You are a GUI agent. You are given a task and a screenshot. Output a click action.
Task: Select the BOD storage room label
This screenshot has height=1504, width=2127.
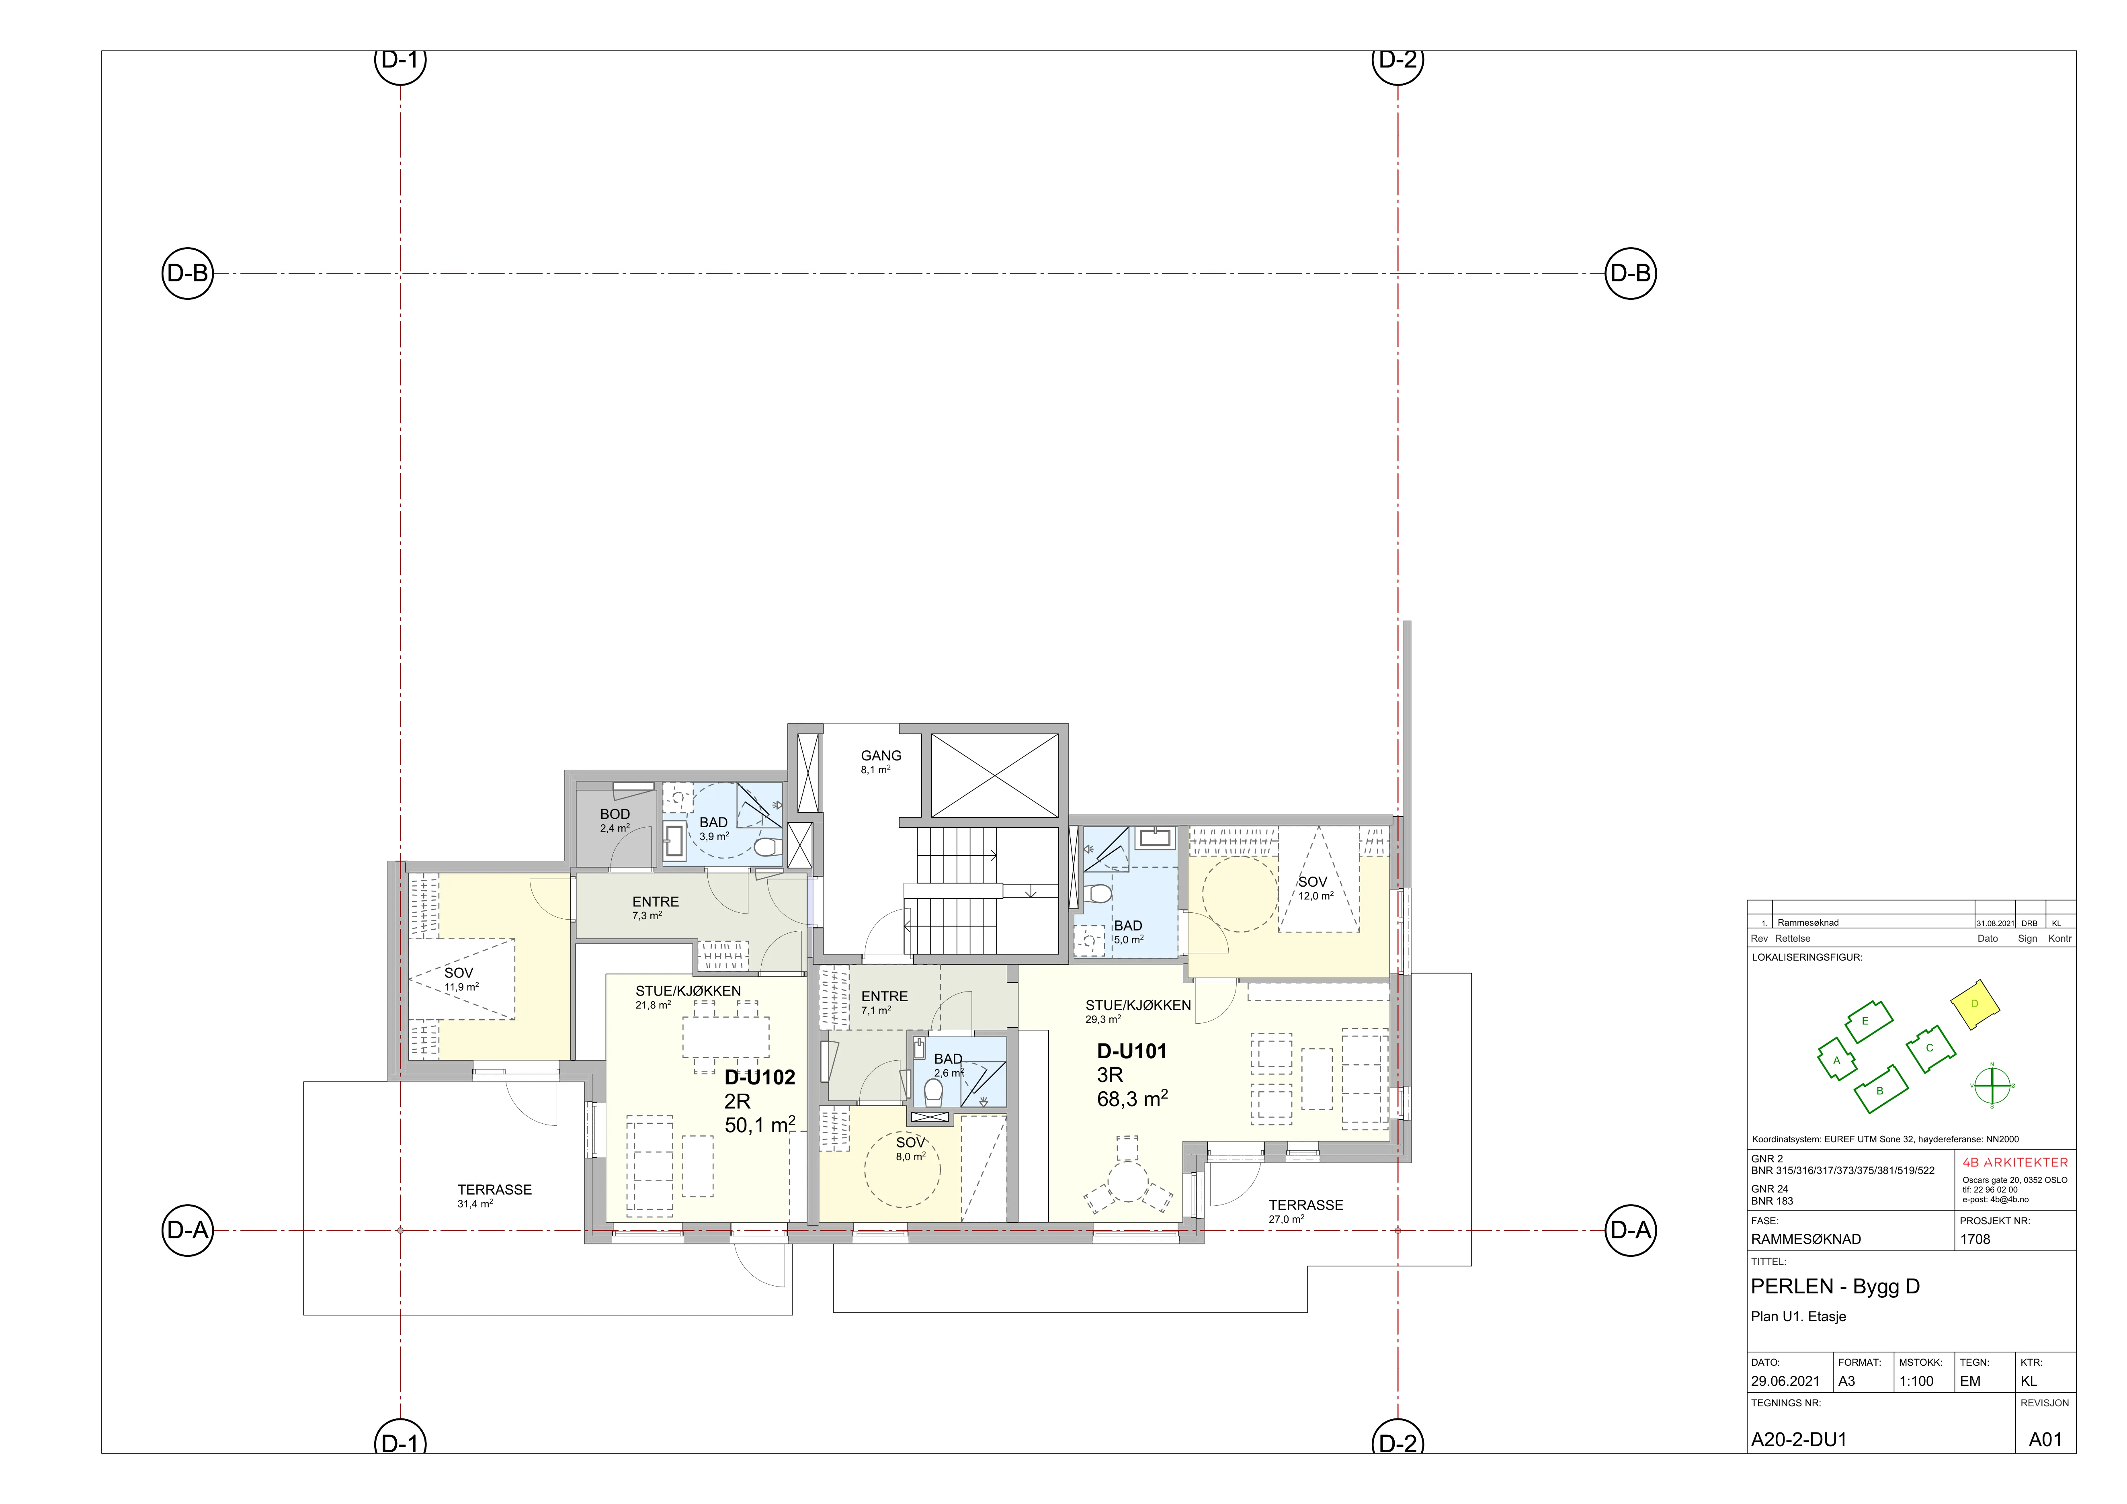(x=615, y=814)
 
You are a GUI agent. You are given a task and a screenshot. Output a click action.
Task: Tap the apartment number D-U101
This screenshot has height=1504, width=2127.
(x=1132, y=1051)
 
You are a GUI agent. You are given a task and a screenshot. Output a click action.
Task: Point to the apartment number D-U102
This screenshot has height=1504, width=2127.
(x=760, y=1077)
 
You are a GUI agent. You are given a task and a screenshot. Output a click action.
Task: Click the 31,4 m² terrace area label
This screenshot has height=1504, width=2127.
(x=475, y=1204)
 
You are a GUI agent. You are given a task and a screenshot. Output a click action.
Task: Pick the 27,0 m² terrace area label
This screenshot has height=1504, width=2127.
(x=1287, y=1220)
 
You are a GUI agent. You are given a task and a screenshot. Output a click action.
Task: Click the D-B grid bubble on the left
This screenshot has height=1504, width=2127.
(x=187, y=273)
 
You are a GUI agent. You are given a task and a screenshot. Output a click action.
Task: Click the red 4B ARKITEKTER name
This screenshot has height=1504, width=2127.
(x=2015, y=1162)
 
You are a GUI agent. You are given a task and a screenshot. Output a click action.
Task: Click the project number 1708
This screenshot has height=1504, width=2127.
(x=1975, y=1239)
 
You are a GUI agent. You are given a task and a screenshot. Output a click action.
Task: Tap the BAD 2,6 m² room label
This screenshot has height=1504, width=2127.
(x=948, y=1065)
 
